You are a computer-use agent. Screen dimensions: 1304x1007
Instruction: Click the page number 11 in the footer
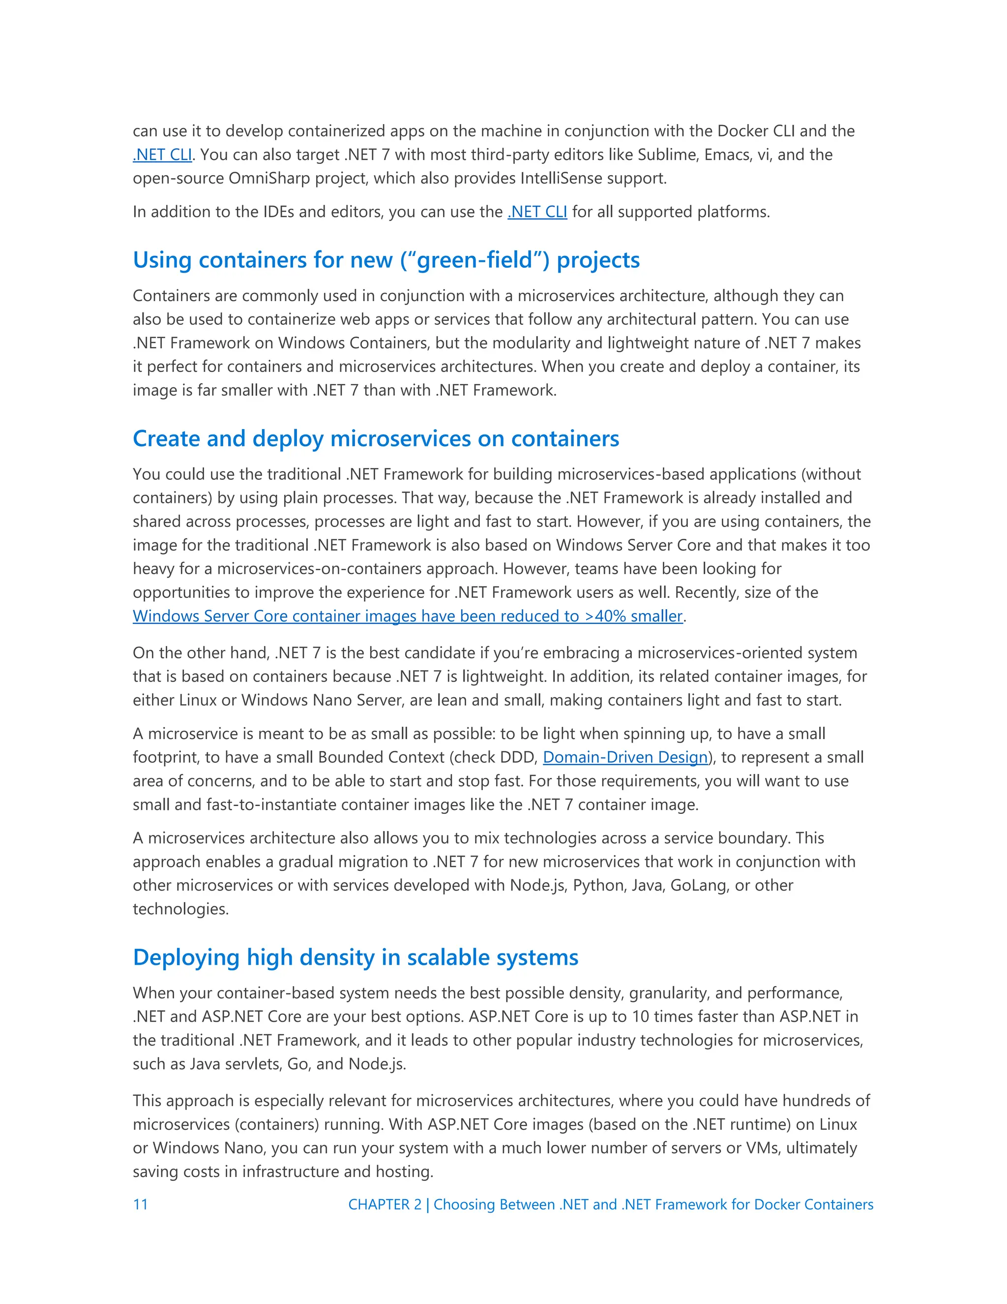(140, 1204)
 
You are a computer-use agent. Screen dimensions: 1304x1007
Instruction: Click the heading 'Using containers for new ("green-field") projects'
(386, 260)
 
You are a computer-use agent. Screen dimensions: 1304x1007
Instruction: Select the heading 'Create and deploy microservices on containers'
(376, 439)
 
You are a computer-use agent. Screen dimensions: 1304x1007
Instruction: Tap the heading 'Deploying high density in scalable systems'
(355, 958)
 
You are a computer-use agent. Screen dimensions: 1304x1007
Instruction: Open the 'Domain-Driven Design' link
(624, 758)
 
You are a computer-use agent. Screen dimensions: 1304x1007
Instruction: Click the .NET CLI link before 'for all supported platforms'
(537, 212)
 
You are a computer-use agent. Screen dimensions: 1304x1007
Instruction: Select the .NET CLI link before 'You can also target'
(162, 155)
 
